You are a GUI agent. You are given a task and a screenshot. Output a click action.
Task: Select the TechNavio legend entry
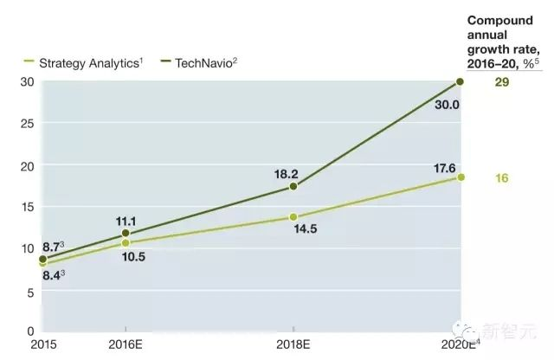pos(206,62)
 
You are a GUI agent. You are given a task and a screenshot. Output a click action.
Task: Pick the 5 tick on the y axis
pos(31,292)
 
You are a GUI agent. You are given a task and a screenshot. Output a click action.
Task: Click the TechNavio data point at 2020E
pos(460,81)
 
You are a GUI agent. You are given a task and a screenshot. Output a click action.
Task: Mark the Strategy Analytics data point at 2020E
pos(460,177)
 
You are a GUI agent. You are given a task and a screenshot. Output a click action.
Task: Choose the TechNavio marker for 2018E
pos(293,186)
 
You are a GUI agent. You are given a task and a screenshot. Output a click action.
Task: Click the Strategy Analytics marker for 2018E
pos(293,217)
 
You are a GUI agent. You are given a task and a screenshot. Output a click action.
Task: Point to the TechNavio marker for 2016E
pos(126,233)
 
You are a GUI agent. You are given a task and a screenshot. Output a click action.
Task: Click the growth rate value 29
pos(501,82)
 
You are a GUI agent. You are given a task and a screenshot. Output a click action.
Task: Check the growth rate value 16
pos(501,178)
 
